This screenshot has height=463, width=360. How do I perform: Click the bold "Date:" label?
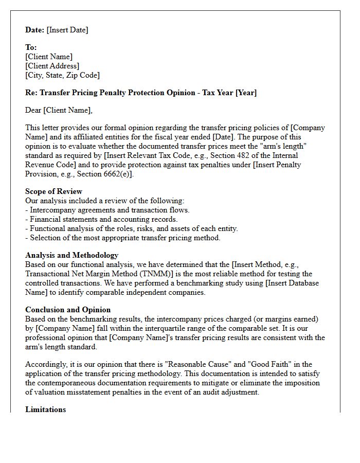pos(35,30)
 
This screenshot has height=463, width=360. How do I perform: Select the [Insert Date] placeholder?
pos(67,30)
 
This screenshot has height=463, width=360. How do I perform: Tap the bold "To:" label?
pos(31,47)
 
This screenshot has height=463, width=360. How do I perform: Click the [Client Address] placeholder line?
pos(52,66)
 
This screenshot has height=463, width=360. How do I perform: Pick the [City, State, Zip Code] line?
pos(62,75)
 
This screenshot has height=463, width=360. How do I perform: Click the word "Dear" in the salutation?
pos(33,110)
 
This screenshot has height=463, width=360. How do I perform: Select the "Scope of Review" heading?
pos(53,191)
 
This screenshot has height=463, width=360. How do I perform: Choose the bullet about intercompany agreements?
pos(107,210)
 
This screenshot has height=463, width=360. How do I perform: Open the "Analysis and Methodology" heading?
pos(71,255)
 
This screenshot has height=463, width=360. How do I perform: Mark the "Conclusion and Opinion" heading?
pos(68,310)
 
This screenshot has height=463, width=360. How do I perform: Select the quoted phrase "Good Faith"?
pos(263,364)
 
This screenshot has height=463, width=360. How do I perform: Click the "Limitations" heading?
pos(45,409)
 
